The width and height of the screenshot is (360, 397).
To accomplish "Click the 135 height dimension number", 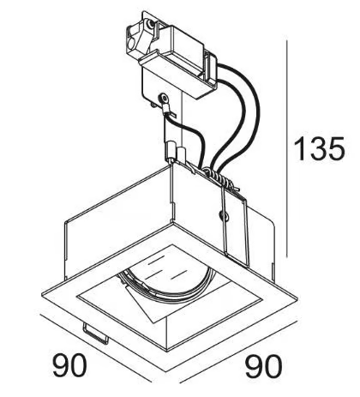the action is click(x=319, y=148).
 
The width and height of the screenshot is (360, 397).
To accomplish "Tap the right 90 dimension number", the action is click(x=264, y=366).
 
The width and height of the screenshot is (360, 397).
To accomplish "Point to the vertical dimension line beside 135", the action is click(x=286, y=148).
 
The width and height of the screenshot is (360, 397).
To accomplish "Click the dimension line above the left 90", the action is click(x=96, y=348).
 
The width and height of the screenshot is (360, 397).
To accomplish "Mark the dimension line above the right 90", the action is click(x=238, y=352).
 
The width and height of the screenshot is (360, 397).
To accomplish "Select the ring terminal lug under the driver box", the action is click(x=165, y=105).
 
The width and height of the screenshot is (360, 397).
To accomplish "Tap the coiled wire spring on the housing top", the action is click(x=220, y=178).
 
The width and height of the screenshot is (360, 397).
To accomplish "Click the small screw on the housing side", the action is click(x=223, y=215).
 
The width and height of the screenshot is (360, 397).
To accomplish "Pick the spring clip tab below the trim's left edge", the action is click(x=96, y=334).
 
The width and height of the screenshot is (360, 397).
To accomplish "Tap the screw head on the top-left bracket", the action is click(x=148, y=25).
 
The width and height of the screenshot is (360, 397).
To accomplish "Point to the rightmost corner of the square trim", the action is click(x=297, y=299).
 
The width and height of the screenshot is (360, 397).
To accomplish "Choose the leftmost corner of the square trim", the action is click(x=42, y=294).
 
